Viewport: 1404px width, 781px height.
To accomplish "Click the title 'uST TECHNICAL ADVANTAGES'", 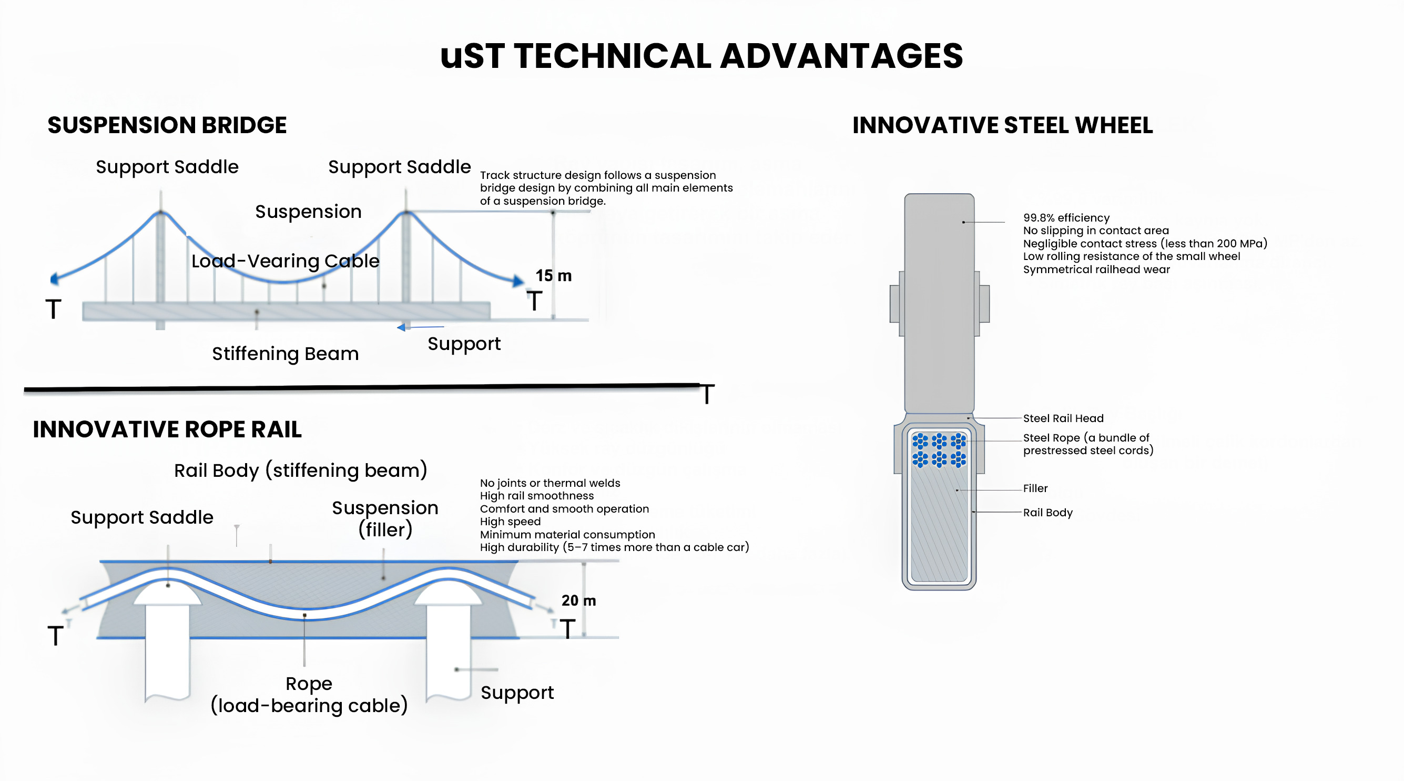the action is point(701,56).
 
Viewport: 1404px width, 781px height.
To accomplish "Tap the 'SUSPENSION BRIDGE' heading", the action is point(167,125).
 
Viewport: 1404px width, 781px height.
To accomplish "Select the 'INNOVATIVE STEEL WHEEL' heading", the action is point(1002,125).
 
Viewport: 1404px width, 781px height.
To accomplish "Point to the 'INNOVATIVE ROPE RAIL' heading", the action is point(167,429).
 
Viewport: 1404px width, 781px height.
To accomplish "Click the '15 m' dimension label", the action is point(553,275).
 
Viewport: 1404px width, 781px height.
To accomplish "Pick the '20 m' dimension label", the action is point(578,600).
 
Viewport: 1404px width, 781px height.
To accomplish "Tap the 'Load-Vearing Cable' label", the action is point(285,261).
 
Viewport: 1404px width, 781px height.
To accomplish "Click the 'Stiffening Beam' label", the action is point(285,354).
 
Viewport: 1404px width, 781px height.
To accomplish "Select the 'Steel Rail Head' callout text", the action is point(1063,418).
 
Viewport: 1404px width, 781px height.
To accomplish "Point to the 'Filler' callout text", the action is point(1035,488).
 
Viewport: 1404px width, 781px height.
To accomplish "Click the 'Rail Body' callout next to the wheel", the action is point(1047,513).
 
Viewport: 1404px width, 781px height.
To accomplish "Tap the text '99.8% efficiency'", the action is point(1066,217).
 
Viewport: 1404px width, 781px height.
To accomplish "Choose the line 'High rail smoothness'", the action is point(537,496).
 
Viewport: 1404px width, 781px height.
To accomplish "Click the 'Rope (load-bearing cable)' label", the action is point(309,694).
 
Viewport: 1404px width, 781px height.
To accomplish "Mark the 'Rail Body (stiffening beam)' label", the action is point(300,470).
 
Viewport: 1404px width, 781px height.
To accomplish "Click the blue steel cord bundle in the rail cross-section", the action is point(939,450).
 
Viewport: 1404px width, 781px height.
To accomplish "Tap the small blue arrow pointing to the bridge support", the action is point(420,327).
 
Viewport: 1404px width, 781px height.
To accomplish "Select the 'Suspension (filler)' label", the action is point(385,519).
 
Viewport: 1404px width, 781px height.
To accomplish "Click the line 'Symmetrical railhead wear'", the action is point(1096,269).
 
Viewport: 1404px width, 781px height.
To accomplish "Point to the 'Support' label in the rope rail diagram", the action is point(517,693).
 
